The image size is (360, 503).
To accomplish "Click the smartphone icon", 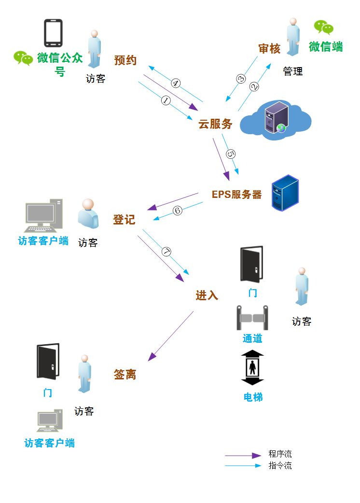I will pos(53,33).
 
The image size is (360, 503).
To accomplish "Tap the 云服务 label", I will pos(215,124).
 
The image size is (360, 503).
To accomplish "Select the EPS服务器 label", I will pos(237,195).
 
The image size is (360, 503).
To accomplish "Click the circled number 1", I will pos(166,100).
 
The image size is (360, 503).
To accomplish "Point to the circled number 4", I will pos(176,83).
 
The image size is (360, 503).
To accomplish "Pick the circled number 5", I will pos(231,154).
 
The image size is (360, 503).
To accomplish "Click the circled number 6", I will pos(177,210).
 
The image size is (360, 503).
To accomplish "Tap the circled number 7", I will pos(166,252).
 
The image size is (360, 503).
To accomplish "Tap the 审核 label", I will pos(269,49).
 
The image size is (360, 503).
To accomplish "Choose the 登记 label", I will pos(124,220).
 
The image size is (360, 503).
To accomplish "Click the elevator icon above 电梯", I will pos(252,368).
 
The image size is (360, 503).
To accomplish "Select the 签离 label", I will pos(125,374).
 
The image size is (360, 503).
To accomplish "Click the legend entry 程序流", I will pos(280,454).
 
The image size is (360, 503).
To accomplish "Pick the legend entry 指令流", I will pos(280,466).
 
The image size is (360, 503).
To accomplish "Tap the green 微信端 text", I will pos(326,47).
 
